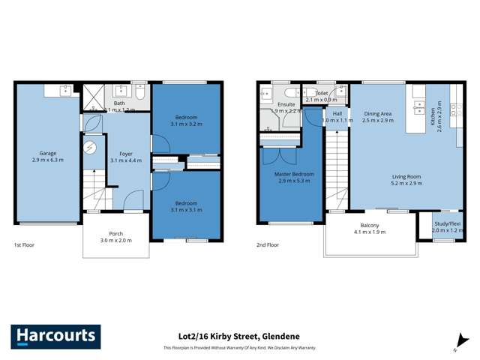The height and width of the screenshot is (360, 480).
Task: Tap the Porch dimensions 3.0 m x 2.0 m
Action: pos(115,241)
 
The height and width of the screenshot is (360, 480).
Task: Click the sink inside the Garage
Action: pos(59,90)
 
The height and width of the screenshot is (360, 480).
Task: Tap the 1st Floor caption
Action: pos(25,245)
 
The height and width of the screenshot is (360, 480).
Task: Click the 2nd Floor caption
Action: pos(268,245)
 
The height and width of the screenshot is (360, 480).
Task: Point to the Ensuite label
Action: pos(286,104)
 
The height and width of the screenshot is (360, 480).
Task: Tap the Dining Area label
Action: pos(377,113)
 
